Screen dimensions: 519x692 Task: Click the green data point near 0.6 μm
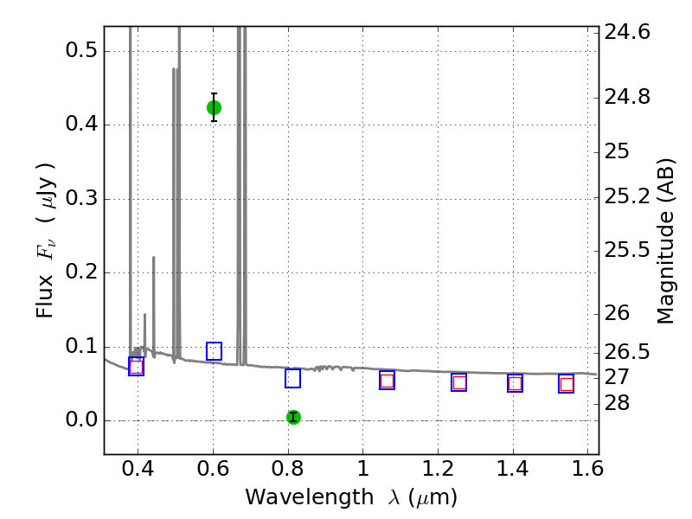[214, 107]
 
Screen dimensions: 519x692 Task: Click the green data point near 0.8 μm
[293, 417]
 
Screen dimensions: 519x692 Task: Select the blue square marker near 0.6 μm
[214, 351]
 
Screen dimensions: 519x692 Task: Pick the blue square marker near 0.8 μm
[292, 378]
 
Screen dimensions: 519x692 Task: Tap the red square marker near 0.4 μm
[136, 367]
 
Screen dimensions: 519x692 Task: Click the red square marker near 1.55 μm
[567, 384]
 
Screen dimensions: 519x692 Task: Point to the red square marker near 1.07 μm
[387, 381]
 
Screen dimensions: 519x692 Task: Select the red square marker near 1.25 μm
[459, 382]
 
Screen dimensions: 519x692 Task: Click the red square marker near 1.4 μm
[515, 383]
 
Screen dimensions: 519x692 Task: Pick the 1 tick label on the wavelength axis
[362, 472]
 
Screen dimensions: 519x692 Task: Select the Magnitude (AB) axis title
[666, 240]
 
